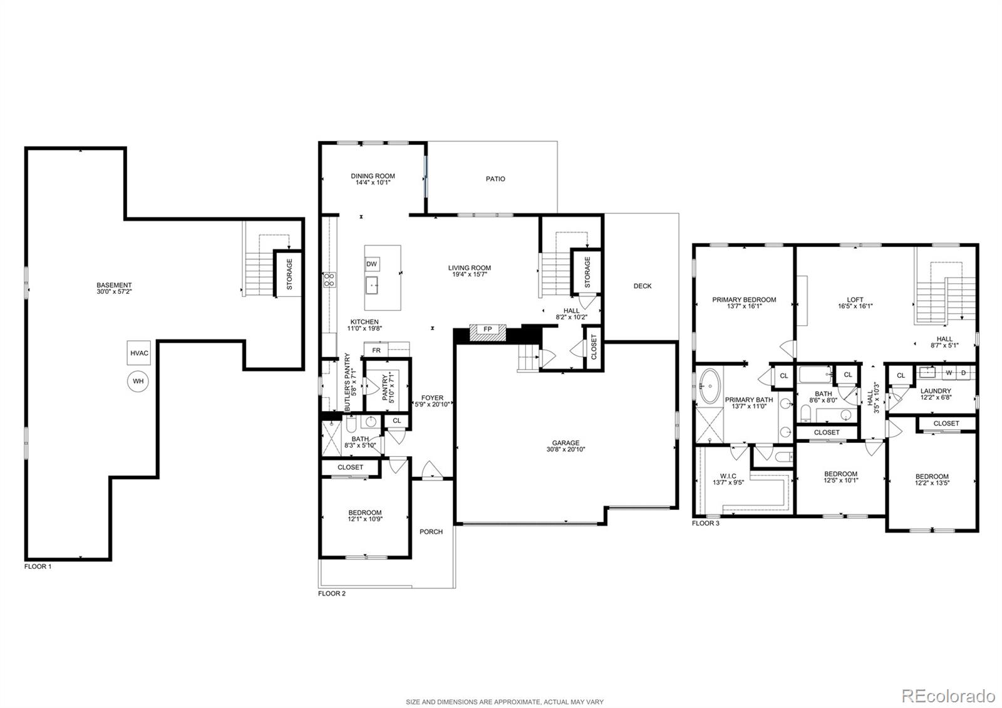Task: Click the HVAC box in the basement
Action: click(138, 353)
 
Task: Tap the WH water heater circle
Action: click(138, 382)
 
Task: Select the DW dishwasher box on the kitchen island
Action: click(372, 264)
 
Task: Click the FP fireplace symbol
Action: click(488, 332)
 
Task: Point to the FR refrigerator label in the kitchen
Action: click(376, 350)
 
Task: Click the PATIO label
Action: click(495, 179)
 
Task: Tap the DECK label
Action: click(643, 286)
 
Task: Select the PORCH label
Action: click(431, 532)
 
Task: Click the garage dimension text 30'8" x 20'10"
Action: click(566, 449)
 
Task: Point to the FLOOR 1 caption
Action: click(38, 566)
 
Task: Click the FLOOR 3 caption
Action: click(705, 523)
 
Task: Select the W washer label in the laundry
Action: click(948, 373)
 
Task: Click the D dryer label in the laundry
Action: click(964, 373)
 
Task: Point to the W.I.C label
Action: click(728, 476)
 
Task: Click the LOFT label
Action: click(855, 300)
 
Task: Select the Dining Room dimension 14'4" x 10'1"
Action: click(373, 182)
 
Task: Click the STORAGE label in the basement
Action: click(289, 274)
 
